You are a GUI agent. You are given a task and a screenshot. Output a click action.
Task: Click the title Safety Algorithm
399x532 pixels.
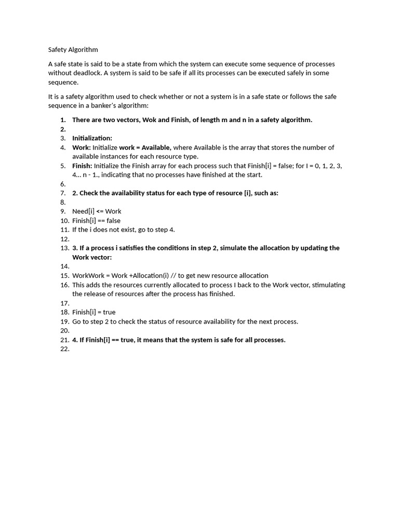[x=73, y=50]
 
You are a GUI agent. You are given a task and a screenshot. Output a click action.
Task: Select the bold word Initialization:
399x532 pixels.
[x=92, y=138]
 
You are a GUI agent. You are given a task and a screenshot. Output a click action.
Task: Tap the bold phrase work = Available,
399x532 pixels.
[x=145, y=148]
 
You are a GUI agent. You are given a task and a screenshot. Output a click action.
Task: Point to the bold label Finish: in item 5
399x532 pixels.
[x=82, y=166]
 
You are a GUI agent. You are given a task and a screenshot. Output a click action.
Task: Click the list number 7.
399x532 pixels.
[x=63, y=193]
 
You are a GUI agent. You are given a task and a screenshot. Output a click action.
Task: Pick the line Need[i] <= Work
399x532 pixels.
[x=97, y=211]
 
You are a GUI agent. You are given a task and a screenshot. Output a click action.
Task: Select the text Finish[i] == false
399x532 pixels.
[x=96, y=221]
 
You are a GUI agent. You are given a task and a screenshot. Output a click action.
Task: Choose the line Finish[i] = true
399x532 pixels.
[x=94, y=312]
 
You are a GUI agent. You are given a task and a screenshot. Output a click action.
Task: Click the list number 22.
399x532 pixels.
[x=64, y=349]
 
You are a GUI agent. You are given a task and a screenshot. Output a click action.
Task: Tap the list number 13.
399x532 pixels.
[x=64, y=248]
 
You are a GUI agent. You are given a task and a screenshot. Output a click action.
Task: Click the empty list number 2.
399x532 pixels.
[x=63, y=129]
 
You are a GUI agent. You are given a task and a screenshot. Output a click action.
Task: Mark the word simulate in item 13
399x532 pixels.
[x=233, y=248]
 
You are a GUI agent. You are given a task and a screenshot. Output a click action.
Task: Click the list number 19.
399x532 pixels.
[x=64, y=322]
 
